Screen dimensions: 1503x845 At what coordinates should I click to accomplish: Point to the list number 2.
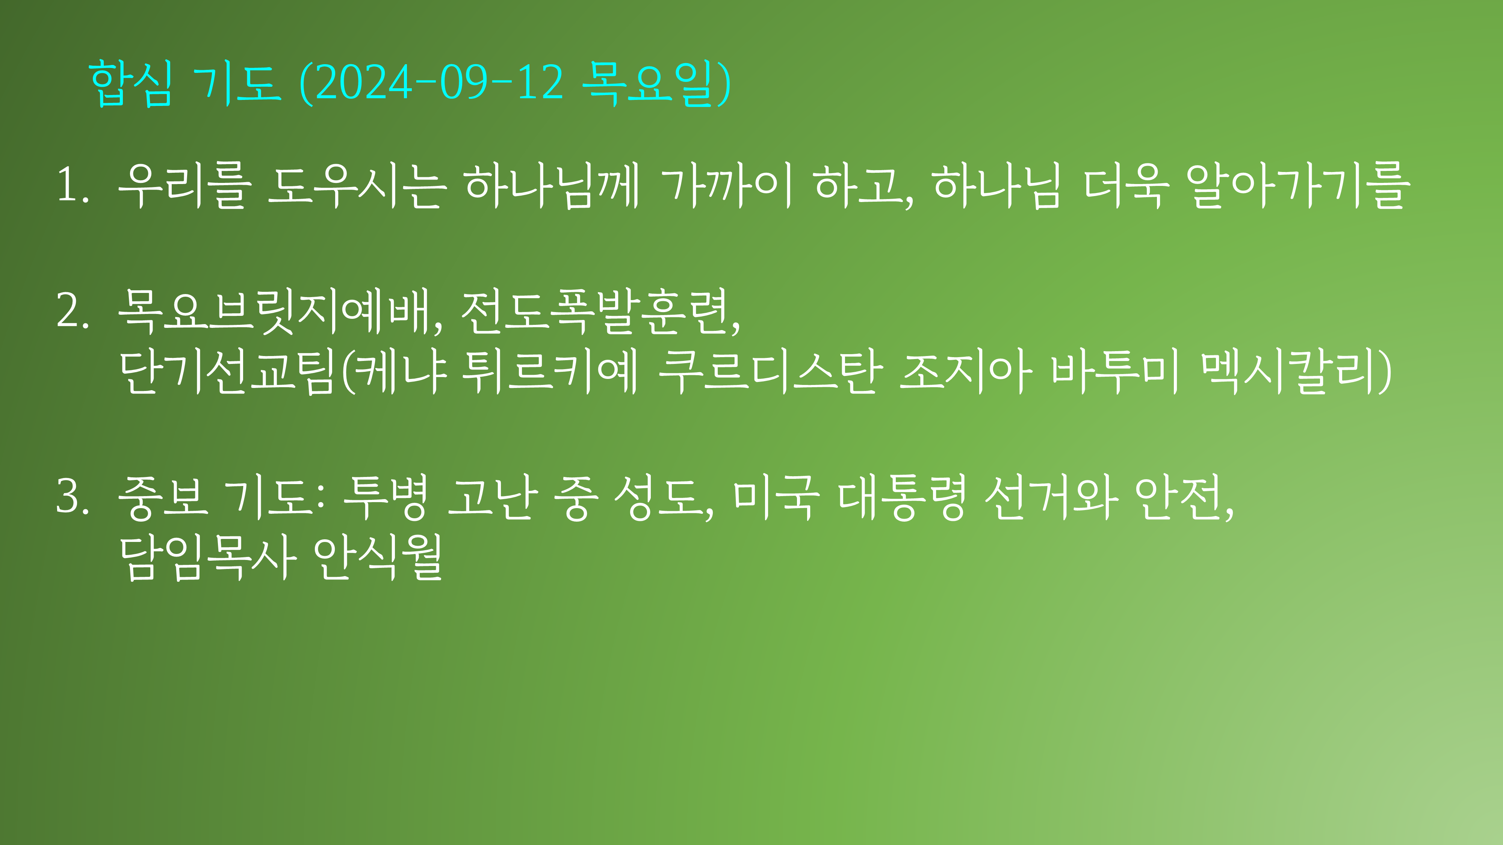pyautogui.click(x=73, y=310)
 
